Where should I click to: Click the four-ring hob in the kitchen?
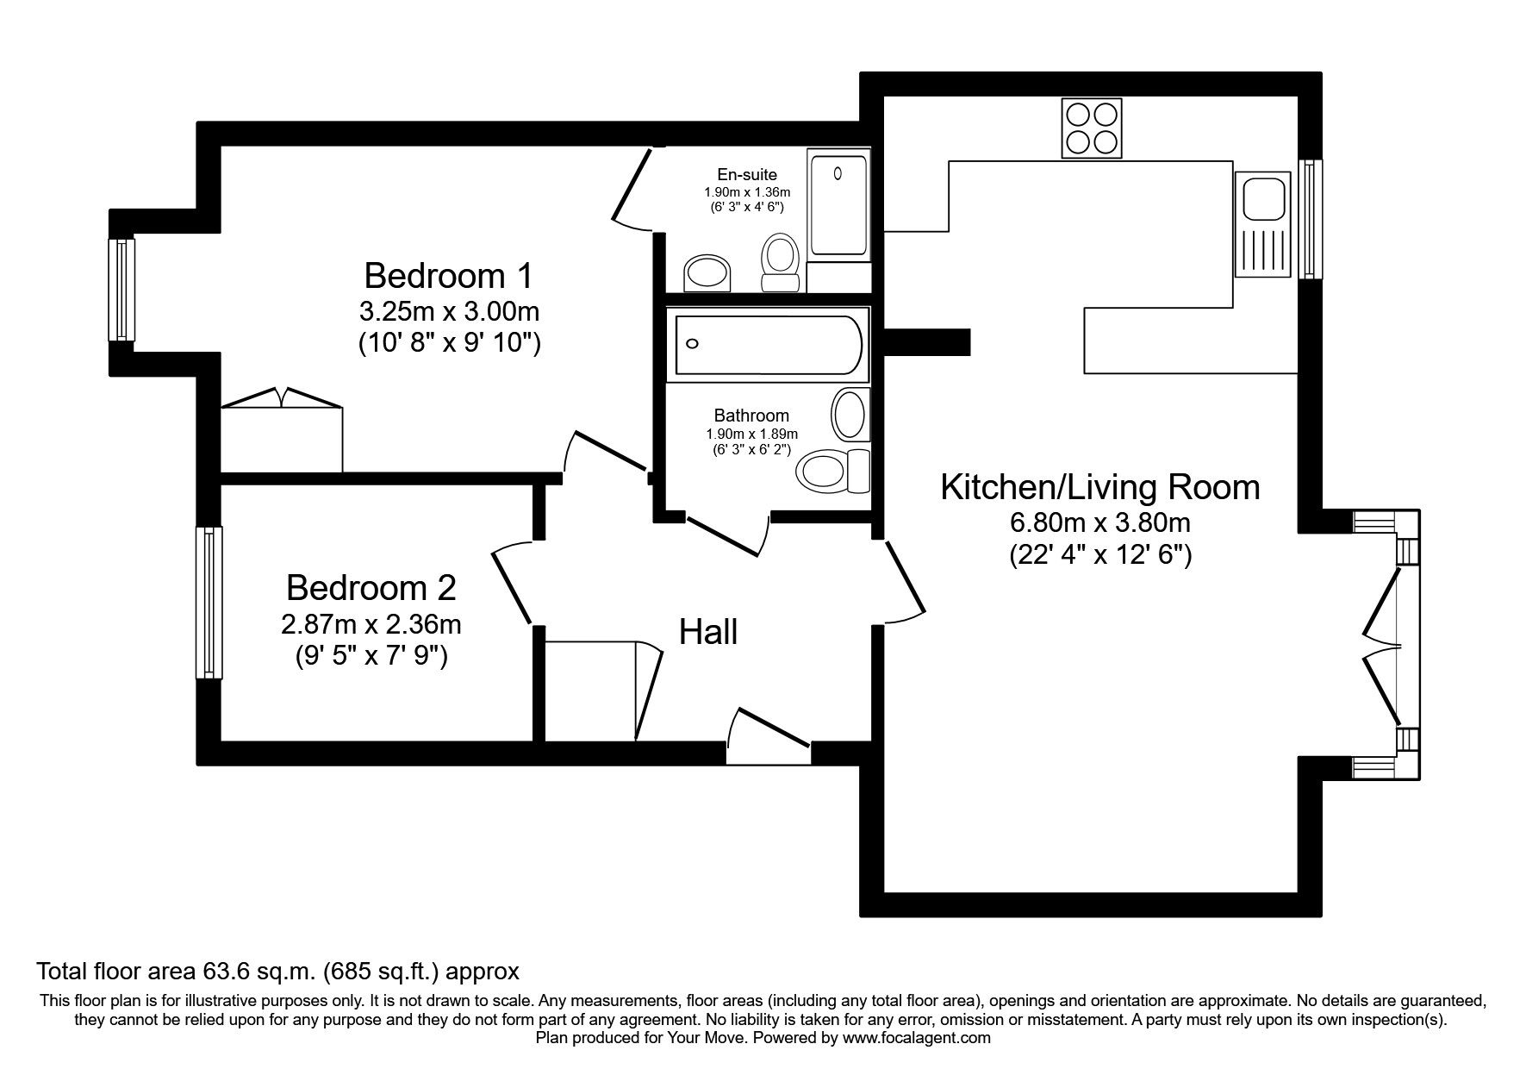point(1092,128)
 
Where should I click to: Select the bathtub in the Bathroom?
point(768,344)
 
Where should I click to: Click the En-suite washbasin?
point(707,273)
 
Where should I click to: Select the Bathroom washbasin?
point(850,414)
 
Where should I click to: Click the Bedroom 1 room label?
point(448,276)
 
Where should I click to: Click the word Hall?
point(708,632)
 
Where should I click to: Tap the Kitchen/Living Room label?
point(1099,487)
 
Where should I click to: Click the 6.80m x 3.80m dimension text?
point(1099,522)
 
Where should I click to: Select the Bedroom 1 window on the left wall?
point(121,289)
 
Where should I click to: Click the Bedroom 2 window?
point(209,602)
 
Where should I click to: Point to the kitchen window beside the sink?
point(1310,219)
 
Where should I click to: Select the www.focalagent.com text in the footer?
point(916,1038)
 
